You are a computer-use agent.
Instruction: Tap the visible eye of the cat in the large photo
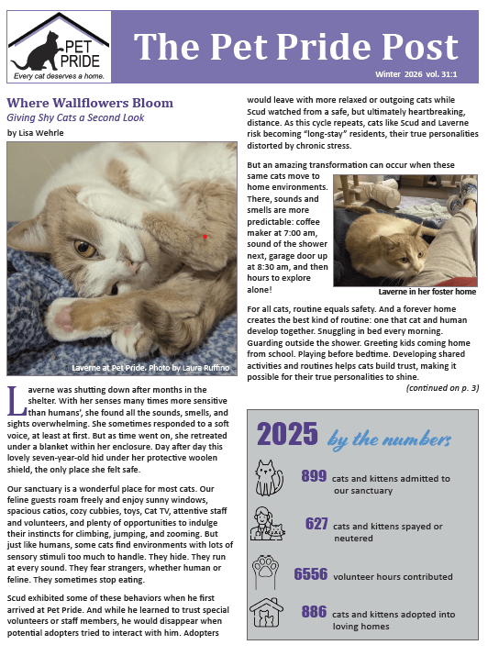pos(84,248)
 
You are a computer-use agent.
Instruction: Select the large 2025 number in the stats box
pos(287,435)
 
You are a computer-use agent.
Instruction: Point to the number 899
pos(314,476)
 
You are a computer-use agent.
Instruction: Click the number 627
pos(316,524)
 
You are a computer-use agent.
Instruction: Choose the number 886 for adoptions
pos(314,611)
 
